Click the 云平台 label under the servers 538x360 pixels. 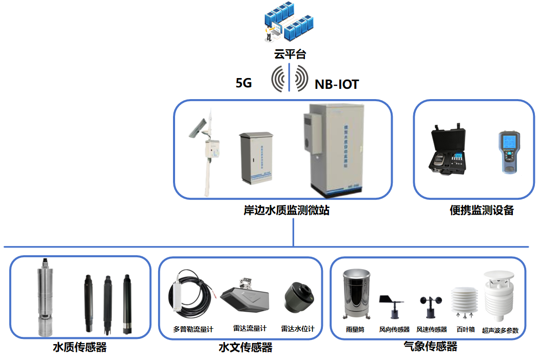pos(290,54)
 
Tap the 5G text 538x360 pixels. pos(244,83)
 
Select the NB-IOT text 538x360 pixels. pos(336,84)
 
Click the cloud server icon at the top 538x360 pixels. pos(289,24)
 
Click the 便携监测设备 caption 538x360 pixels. pos(481,210)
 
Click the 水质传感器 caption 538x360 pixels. pos(80,348)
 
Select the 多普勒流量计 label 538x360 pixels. pos(193,329)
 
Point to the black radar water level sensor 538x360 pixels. pos(298,298)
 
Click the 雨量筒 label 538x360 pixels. pos(355,329)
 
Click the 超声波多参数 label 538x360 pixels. pos(500,330)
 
